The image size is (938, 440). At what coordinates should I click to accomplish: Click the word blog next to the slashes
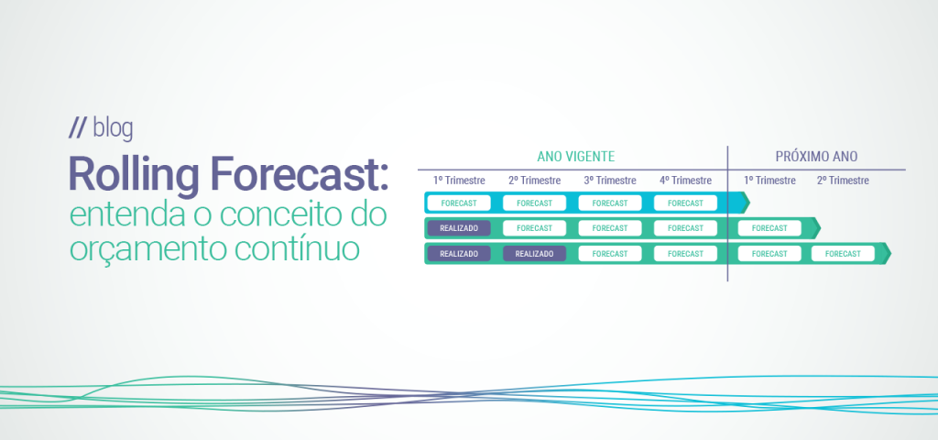click(113, 129)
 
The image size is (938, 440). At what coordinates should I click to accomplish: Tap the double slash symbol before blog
click(78, 129)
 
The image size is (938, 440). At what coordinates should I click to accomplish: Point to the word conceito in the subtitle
click(291, 216)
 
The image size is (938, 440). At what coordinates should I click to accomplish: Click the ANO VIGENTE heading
click(575, 157)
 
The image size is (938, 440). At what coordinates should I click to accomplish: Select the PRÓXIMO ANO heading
click(815, 157)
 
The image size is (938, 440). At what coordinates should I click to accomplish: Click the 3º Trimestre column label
click(610, 181)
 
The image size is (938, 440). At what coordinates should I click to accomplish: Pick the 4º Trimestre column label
click(685, 181)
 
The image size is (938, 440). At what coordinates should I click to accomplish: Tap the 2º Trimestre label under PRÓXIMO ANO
click(843, 181)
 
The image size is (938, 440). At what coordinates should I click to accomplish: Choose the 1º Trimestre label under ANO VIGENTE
click(459, 181)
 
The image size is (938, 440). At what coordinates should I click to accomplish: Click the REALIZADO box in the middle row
click(459, 227)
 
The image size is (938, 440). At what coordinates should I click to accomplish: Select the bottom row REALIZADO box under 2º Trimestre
click(534, 253)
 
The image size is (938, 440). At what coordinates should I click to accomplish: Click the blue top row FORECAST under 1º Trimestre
click(459, 203)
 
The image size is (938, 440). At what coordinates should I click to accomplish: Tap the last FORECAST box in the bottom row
click(843, 253)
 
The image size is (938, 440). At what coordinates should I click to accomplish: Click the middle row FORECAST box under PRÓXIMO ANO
click(769, 227)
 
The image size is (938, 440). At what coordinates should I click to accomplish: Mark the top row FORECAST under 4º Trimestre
click(685, 203)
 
